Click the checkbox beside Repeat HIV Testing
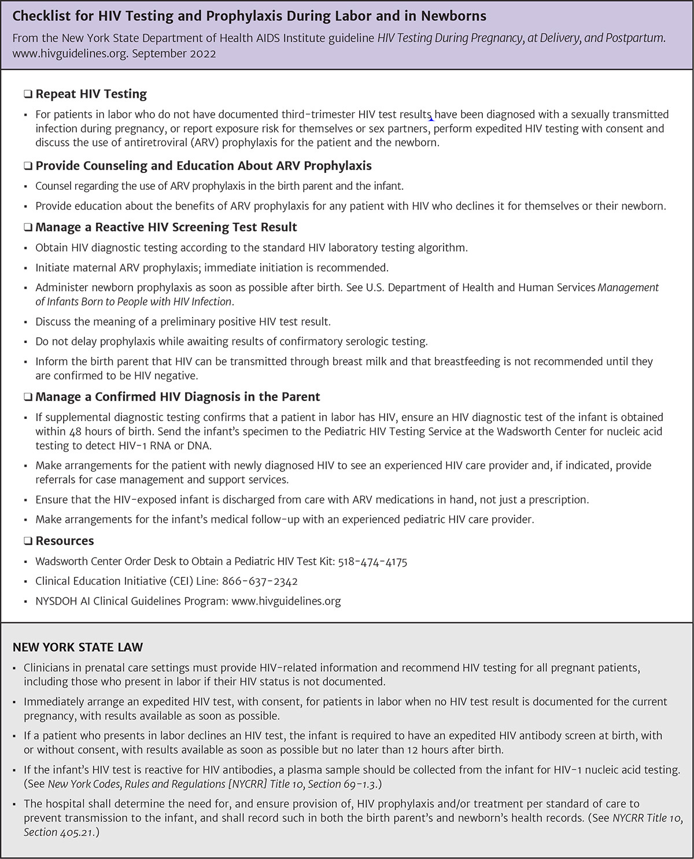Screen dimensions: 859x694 click(28, 94)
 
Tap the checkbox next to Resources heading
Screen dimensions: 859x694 click(28, 541)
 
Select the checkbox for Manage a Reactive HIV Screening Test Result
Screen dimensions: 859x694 click(28, 227)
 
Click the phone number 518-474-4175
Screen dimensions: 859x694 click(372, 562)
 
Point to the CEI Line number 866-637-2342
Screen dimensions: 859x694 click(260, 581)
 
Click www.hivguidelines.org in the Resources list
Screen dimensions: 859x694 click(286, 601)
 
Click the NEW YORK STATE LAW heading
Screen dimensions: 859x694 click(77, 647)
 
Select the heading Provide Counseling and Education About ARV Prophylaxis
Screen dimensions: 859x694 click(204, 166)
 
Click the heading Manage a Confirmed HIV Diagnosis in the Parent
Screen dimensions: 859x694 click(178, 397)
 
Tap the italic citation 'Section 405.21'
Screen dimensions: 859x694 click(58, 832)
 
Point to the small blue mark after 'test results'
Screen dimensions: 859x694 click(432, 119)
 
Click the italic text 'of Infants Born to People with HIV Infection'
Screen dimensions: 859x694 click(133, 301)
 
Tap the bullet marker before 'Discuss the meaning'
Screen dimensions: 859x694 click(26, 322)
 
